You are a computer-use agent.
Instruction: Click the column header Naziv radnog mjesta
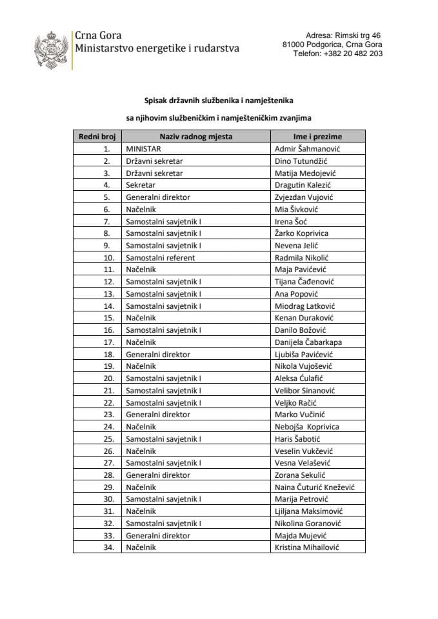tap(196, 136)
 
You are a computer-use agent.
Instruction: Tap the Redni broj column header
tap(97, 136)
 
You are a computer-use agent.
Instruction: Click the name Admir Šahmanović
tap(308, 149)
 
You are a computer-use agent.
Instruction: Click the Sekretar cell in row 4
tap(140, 185)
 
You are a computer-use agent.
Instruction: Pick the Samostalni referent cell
tap(160, 257)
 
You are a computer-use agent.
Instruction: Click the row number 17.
tap(108, 342)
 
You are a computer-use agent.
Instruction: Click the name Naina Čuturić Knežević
tap(315, 487)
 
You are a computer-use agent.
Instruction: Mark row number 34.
tap(108, 547)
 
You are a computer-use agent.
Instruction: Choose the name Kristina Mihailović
tap(307, 547)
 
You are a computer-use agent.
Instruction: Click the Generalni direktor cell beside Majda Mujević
tap(158, 535)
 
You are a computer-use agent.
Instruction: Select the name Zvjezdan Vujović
tap(304, 197)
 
